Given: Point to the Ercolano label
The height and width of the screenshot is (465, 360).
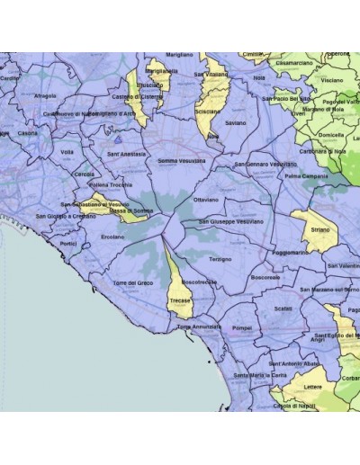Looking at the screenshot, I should (x=112, y=237).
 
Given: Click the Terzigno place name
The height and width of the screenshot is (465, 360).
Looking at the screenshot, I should (x=220, y=258).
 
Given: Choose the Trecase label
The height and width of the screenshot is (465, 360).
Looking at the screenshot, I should (x=179, y=300).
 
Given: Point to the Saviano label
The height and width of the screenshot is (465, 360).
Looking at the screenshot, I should (x=235, y=122).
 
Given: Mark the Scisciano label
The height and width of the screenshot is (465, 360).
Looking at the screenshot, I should (x=207, y=112).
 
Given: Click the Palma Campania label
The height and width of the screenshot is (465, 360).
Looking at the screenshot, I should (x=306, y=175).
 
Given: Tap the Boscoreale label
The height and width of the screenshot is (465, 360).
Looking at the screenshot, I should (x=267, y=278).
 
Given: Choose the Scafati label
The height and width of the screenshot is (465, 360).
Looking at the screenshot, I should (x=283, y=308).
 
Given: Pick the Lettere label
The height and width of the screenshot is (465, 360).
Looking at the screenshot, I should (x=311, y=388).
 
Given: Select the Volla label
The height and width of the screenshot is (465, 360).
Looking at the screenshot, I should (x=67, y=152).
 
